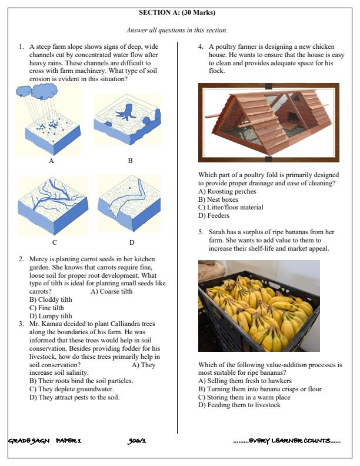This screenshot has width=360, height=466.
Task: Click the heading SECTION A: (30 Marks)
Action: coord(177,12)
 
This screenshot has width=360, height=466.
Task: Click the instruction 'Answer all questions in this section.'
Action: coord(177,30)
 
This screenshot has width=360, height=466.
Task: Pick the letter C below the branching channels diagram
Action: coord(54,242)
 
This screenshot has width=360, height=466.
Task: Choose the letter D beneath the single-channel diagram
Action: coord(132,242)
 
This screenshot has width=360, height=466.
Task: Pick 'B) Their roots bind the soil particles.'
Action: coord(81,381)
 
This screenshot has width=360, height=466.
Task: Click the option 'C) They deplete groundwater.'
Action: coord(72,389)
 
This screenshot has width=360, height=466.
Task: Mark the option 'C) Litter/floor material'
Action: coord(231,207)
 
